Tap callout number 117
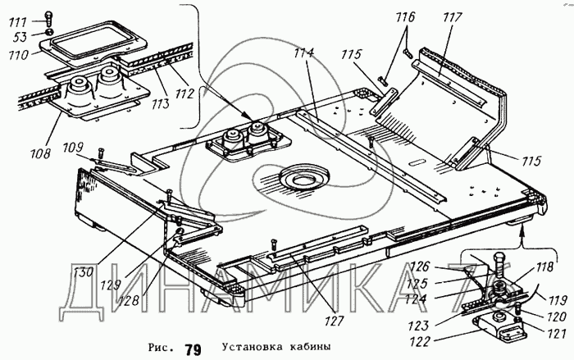(x=449, y=16)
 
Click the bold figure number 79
(x=193, y=349)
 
